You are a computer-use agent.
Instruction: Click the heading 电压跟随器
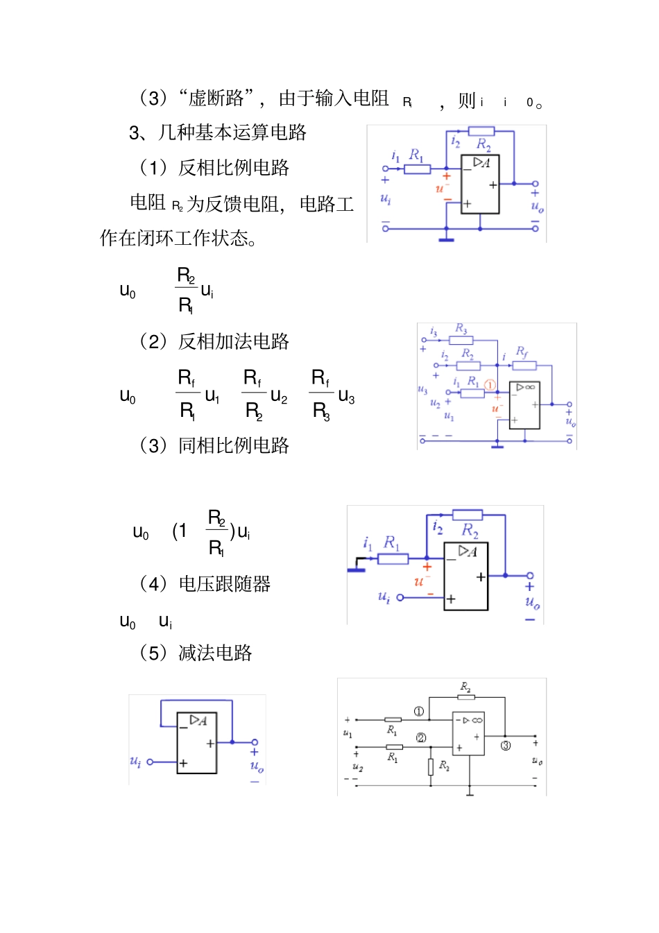[224, 584]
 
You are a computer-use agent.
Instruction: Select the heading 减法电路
[215, 653]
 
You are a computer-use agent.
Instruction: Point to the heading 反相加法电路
[233, 341]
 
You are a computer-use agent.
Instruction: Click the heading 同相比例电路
[233, 445]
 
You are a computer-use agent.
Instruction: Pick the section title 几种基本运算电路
[232, 132]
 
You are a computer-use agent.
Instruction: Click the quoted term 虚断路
[216, 99]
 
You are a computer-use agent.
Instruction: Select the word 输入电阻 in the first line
[352, 99]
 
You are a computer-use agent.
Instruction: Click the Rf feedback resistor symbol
[524, 366]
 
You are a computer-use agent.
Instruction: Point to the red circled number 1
[490, 385]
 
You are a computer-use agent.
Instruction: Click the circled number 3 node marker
[506, 746]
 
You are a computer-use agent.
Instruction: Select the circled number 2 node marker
[421, 737]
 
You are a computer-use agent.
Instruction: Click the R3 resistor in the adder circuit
[461, 340]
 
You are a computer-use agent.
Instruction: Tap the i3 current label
[434, 332]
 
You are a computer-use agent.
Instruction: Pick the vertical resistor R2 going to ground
[431, 766]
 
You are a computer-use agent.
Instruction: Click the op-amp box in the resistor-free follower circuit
[197, 743]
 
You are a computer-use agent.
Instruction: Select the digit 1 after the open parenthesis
[181, 531]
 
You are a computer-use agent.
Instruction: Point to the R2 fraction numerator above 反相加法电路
[186, 275]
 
